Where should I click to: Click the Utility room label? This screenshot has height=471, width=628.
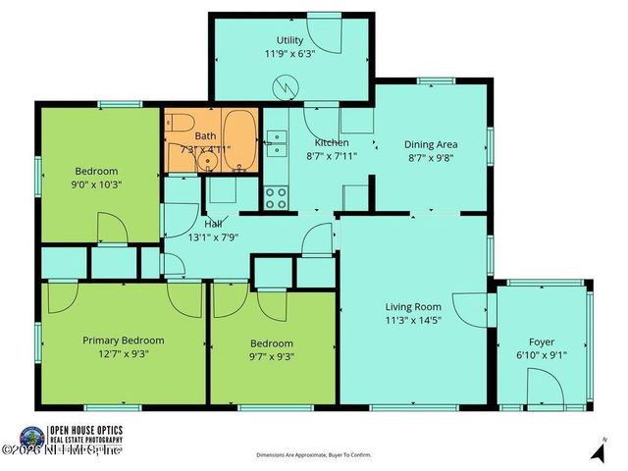(x=289, y=40)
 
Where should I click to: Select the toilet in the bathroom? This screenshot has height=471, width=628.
(x=178, y=124)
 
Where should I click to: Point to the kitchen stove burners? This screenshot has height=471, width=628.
(x=276, y=197)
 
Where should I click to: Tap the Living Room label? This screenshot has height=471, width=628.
(x=412, y=306)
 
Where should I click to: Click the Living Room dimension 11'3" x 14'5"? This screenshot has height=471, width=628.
(x=412, y=319)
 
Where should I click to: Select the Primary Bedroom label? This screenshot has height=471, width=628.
(x=123, y=340)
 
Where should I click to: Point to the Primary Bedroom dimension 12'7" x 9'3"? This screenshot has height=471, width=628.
(x=123, y=354)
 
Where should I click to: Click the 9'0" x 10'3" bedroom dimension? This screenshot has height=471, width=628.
(x=96, y=183)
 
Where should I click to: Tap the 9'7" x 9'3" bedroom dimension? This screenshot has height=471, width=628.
(x=271, y=356)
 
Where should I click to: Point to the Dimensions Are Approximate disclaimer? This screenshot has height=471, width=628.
(x=314, y=455)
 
